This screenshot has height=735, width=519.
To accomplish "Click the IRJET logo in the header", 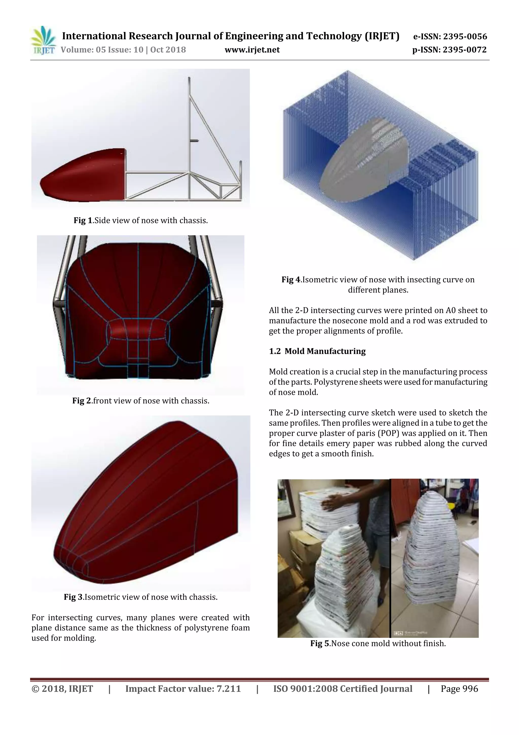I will click(43, 40).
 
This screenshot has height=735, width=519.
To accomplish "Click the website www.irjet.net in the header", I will click(252, 50).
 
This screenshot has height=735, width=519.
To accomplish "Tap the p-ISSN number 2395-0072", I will click(465, 50).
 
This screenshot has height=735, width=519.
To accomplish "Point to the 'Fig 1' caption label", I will click(83, 220).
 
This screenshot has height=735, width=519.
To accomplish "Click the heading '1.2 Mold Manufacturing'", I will click(317, 351).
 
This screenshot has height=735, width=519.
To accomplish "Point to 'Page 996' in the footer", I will click(459, 689).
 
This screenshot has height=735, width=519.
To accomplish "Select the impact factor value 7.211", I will click(228, 689).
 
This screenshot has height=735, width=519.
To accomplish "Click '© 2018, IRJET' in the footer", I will click(62, 689).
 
